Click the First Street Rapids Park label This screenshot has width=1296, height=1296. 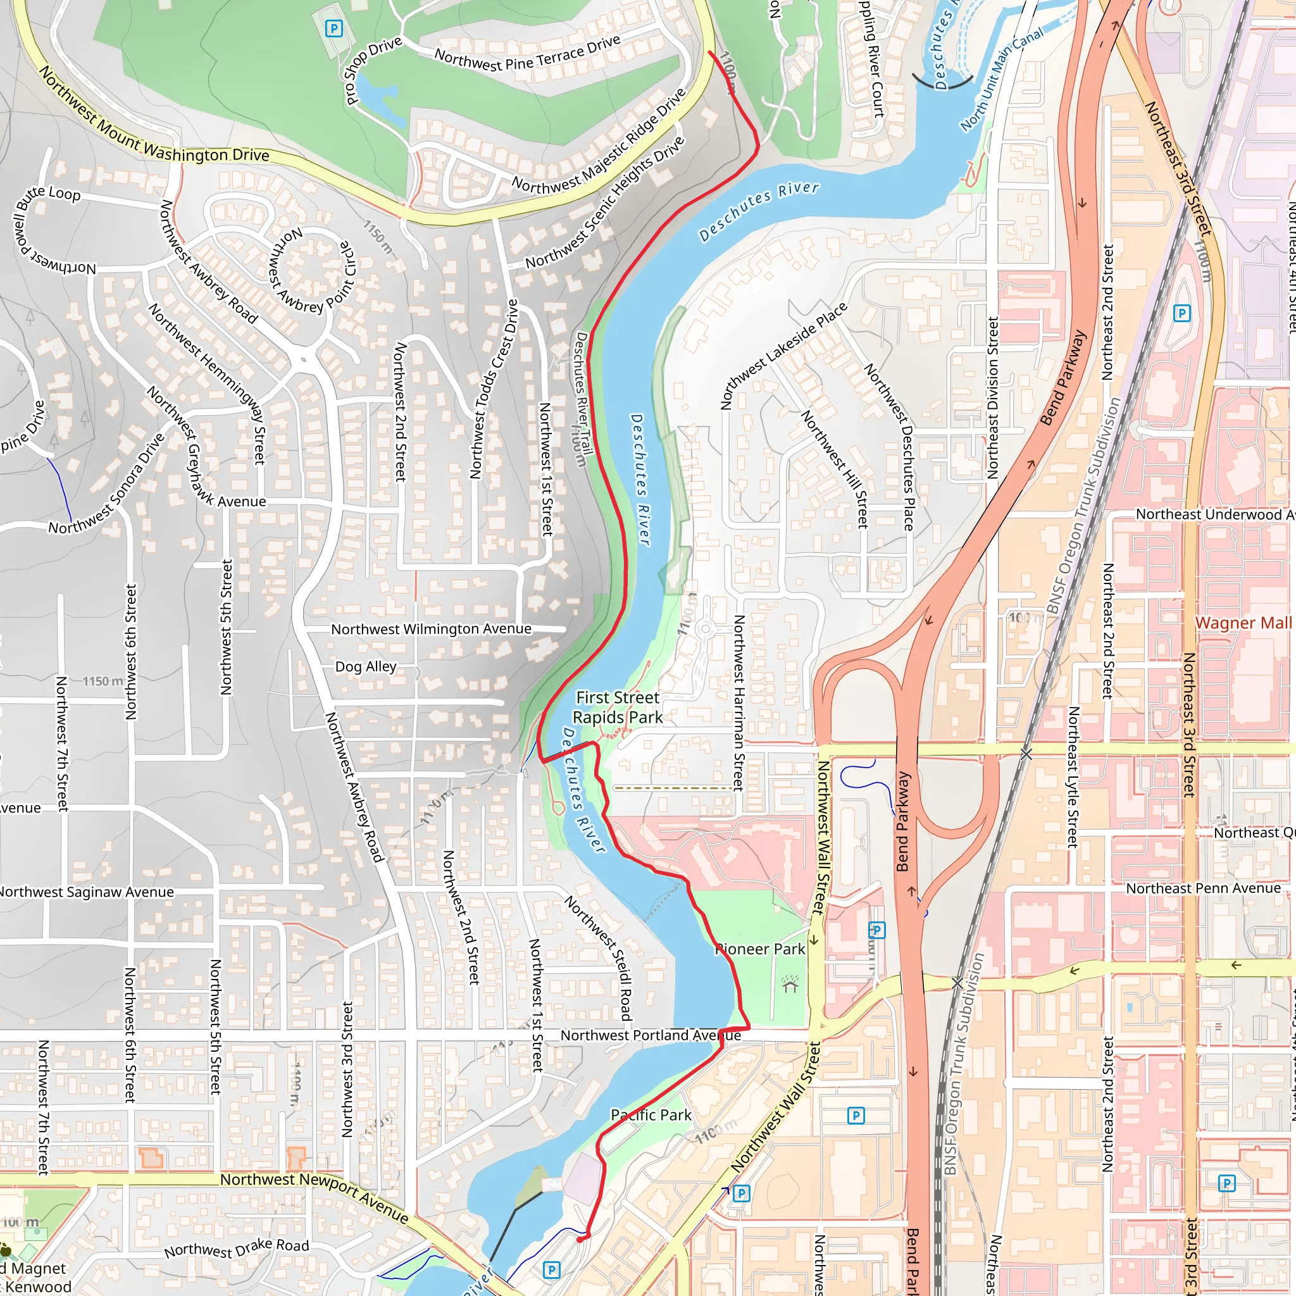(x=618, y=707)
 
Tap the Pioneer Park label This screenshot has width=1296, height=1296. (x=760, y=949)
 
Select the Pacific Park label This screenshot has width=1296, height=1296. (x=651, y=1115)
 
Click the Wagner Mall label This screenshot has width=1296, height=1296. (x=1243, y=623)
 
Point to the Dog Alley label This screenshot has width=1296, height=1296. (x=366, y=667)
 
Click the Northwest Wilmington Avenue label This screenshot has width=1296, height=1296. (x=432, y=629)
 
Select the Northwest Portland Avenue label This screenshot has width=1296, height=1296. (x=651, y=1036)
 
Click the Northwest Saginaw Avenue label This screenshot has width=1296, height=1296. (x=86, y=892)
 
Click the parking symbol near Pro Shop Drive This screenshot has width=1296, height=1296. (x=333, y=29)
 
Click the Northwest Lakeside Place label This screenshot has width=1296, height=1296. (x=783, y=356)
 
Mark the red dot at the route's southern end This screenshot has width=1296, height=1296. (x=580, y=1239)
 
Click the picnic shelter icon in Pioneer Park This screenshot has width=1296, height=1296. (x=790, y=984)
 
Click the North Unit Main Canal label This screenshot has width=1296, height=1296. (x=1002, y=79)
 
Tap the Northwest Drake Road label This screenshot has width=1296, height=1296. (x=237, y=1249)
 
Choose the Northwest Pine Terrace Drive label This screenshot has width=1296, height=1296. (x=527, y=54)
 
